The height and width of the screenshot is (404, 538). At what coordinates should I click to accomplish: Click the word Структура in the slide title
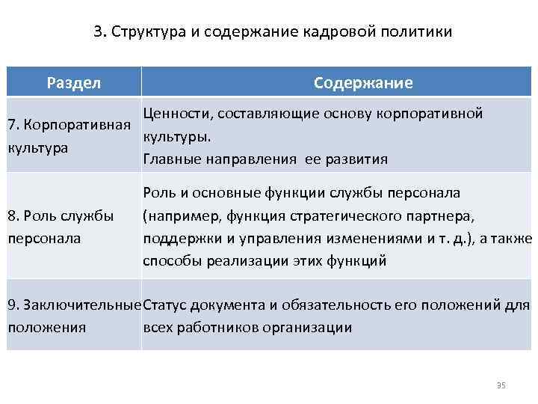click(x=143, y=33)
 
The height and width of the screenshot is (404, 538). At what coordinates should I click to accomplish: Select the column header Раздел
click(x=74, y=82)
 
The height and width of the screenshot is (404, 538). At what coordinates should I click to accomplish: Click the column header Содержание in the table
click(x=363, y=82)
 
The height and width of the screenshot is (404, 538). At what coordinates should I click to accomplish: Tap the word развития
click(x=359, y=159)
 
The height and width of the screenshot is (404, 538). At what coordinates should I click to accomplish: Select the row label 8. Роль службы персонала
click(x=60, y=226)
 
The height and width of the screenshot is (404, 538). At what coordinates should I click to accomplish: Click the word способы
click(x=170, y=260)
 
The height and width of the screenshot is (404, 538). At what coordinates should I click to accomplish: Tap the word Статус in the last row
click(x=165, y=304)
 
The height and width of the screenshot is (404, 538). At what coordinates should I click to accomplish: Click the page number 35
click(x=501, y=385)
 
